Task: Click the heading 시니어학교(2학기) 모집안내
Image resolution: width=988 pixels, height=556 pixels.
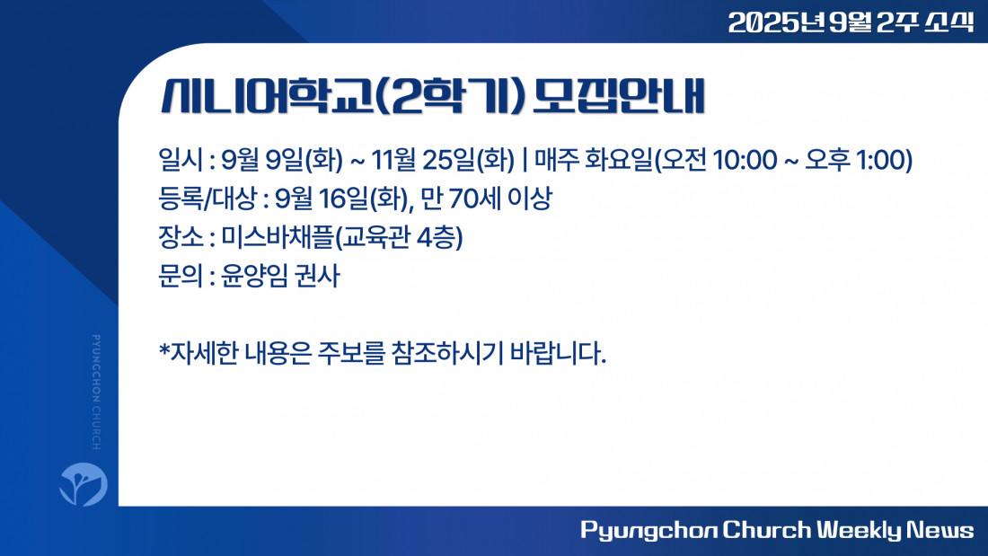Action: pos(432,96)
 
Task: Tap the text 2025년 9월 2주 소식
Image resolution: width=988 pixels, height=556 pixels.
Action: pos(851,22)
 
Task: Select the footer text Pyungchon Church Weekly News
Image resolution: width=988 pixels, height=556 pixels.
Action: pos(777,530)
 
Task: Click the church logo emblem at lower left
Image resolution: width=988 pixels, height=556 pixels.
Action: pos(84,484)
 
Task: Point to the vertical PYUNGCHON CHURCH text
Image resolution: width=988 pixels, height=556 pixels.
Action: pos(96,393)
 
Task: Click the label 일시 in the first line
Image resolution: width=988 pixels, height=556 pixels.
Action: pos(181,160)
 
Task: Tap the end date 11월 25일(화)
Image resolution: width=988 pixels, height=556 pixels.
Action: pos(442,160)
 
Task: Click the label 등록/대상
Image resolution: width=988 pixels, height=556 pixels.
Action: pos(207,199)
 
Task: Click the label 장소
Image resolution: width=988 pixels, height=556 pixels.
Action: pos(181,238)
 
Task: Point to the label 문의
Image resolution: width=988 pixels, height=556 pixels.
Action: pos(181,276)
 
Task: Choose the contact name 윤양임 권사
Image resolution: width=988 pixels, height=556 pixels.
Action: pos(280,276)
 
